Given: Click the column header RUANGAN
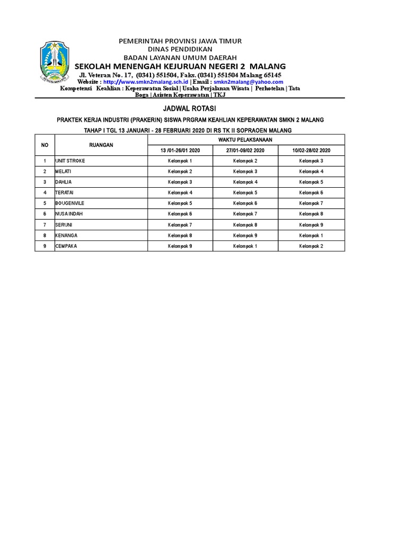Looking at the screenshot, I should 101,145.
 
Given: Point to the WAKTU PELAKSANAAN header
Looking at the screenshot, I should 246,139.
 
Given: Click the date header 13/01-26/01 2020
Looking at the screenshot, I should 180,151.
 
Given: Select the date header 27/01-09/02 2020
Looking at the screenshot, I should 245,151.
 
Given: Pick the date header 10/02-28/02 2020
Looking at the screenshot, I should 311,151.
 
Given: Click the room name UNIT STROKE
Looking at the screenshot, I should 70,161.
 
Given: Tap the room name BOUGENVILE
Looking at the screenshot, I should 70,203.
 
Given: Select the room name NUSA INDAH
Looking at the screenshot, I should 69,214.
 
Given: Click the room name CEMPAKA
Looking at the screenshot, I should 66,246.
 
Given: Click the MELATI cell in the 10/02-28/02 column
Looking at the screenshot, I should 311,171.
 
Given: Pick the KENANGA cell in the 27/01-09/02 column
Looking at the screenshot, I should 245,235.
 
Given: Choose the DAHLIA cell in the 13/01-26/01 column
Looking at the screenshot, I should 180,182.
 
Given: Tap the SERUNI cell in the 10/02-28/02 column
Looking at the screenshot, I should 311,225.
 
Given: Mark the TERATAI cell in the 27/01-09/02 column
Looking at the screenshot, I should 245,192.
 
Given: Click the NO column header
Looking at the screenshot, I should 45,145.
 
